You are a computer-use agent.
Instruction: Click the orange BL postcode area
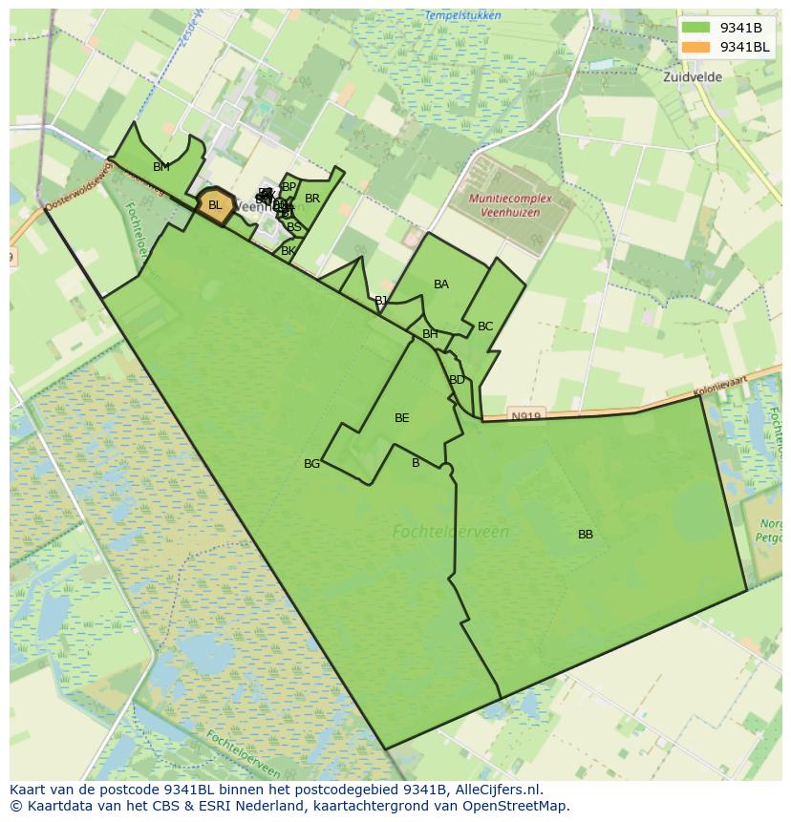click(215, 206)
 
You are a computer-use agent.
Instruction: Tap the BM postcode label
click(161, 167)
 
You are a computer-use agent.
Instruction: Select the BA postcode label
click(441, 285)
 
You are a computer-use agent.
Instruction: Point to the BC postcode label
click(485, 327)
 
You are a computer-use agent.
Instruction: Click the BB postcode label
click(586, 535)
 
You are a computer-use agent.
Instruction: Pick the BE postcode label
click(402, 418)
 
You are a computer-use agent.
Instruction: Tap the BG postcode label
click(312, 464)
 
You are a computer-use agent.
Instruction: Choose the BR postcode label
click(312, 199)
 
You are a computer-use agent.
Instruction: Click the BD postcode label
click(457, 380)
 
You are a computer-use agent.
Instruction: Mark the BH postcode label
click(430, 334)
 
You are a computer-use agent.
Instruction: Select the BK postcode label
click(288, 251)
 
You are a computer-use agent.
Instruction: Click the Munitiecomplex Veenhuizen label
click(509, 204)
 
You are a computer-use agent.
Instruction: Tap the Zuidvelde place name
click(693, 77)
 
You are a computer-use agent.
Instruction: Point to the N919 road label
click(525, 416)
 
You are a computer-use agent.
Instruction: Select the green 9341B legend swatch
click(696, 28)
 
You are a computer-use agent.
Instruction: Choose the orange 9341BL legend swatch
click(696, 47)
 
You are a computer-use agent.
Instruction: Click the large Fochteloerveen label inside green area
click(451, 532)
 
